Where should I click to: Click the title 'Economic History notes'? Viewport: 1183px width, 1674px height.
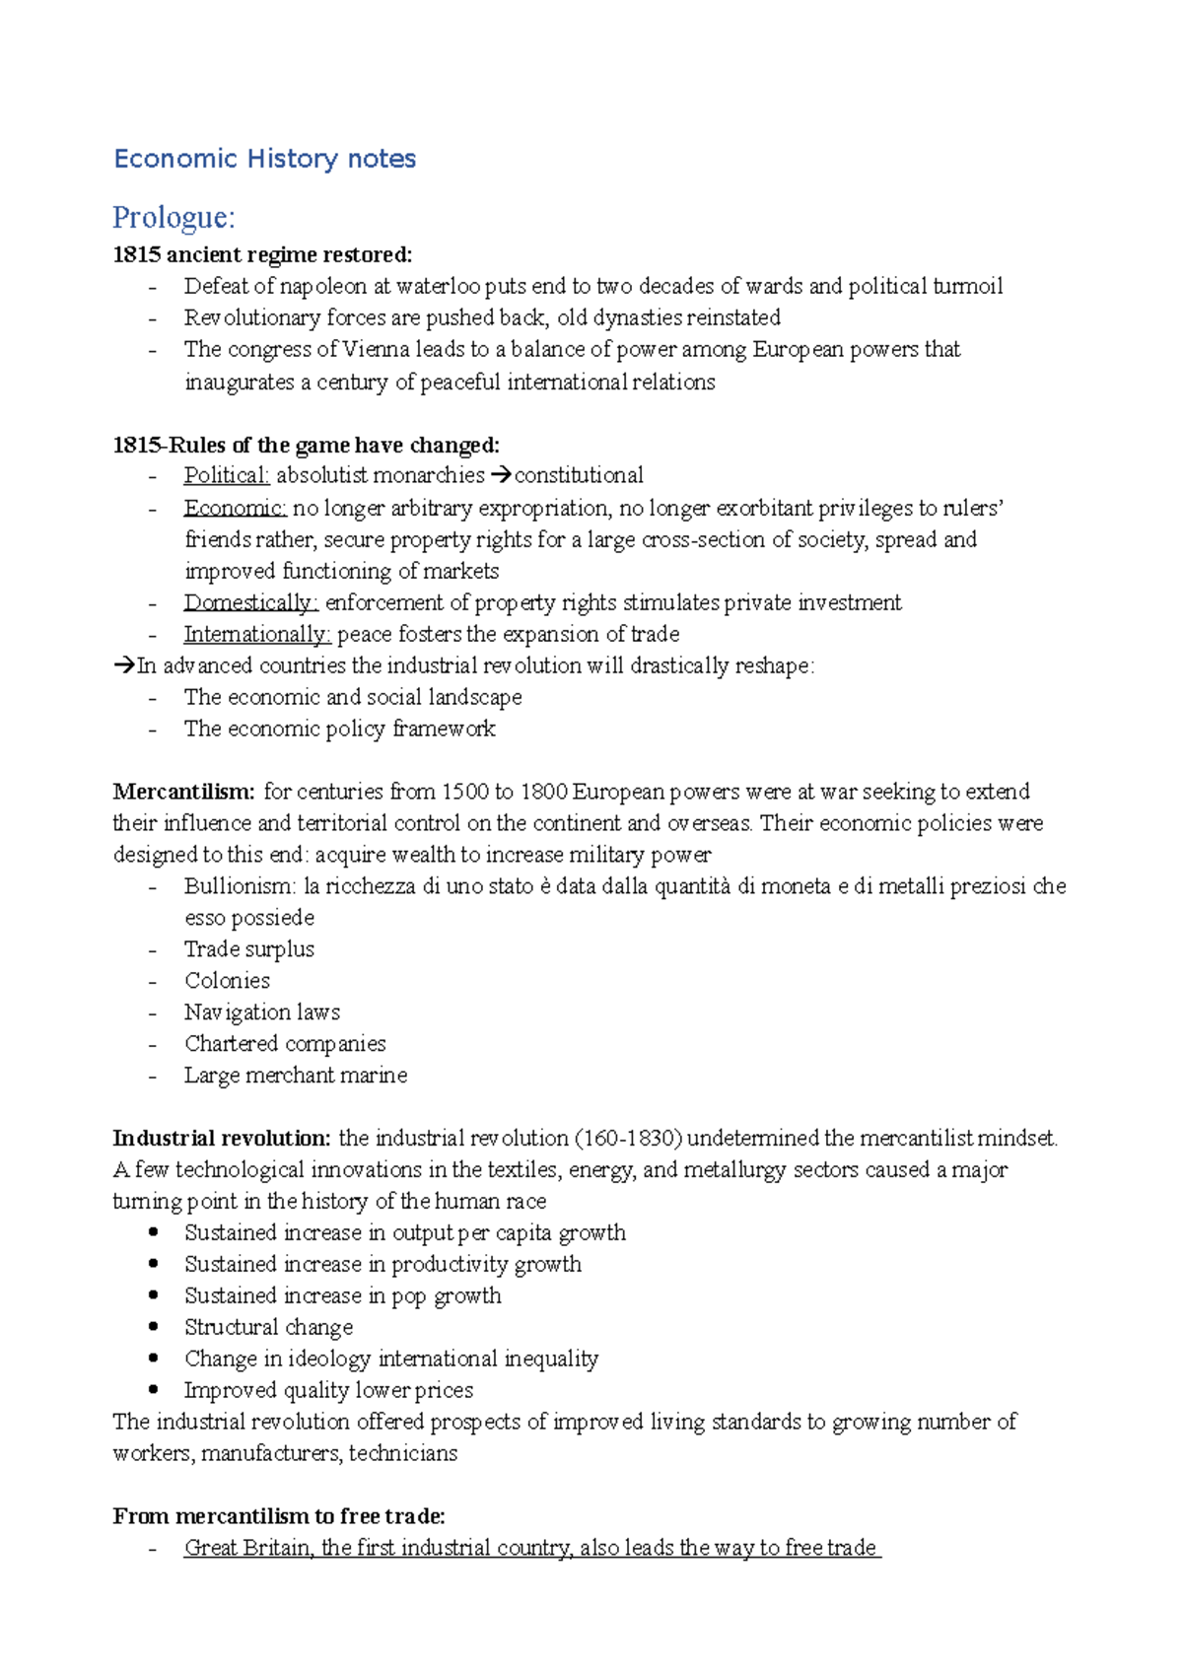point(264,159)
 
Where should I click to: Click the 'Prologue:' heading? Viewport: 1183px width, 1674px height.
point(174,217)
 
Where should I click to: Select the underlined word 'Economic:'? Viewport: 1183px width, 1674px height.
point(235,508)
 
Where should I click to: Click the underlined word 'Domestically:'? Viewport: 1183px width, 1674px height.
point(250,602)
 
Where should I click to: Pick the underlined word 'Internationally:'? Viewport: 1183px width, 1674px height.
point(256,634)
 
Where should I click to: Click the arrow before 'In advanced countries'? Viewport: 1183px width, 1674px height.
point(123,666)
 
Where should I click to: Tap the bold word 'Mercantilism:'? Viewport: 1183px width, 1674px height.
point(183,792)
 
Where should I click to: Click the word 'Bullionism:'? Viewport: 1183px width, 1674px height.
point(240,886)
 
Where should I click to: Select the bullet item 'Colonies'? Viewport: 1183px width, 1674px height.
point(227,981)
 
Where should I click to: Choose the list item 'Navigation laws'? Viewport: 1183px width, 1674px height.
point(262,1012)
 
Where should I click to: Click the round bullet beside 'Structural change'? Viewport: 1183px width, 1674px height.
point(153,1327)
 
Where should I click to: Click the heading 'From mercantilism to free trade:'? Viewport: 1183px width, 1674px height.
point(279,1516)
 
